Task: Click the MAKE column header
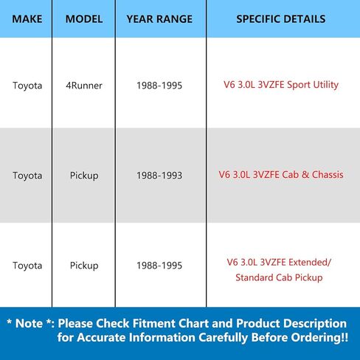pos(27,19)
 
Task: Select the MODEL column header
pos(84,19)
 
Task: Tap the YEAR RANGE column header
pos(159,19)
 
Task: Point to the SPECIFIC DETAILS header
pos(281,19)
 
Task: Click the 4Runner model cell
pos(84,86)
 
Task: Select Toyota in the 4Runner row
pos(27,86)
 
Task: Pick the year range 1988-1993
pos(159,176)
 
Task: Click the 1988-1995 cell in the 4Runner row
pos(159,86)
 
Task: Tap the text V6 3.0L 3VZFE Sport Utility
pos(281,85)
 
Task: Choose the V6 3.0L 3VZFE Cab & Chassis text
pos(281,175)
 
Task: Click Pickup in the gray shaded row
pos(84,176)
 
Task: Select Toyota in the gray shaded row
pos(27,176)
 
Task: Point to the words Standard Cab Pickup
pos(279,277)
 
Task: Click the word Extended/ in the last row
pos(310,263)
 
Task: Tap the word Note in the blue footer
pos(29,323)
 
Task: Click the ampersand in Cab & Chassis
pos(305,175)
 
